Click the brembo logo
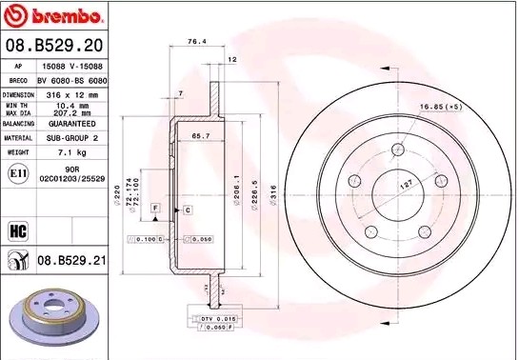pos(52,16)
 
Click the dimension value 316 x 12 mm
pos(72,95)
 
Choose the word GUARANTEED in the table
pos(72,124)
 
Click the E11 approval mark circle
pos(16,172)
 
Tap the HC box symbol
pos(16,229)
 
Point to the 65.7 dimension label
pos(200,137)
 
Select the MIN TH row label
pos(18,107)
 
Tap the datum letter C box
pos(188,209)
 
